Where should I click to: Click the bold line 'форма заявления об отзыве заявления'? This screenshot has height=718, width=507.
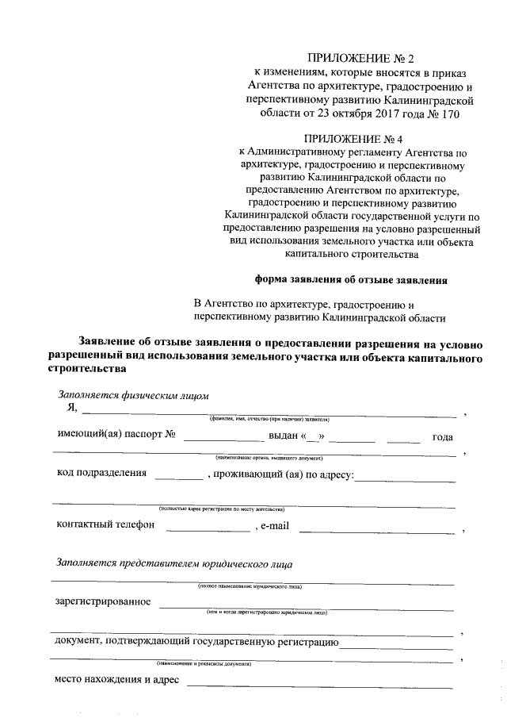pos(351,279)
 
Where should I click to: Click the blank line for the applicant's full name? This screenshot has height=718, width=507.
pos(269,413)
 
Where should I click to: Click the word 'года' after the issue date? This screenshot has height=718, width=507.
pos(442,437)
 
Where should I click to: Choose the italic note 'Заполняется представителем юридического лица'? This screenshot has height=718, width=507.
pos(174,564)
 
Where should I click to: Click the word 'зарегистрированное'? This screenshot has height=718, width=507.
pos(103,601)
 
